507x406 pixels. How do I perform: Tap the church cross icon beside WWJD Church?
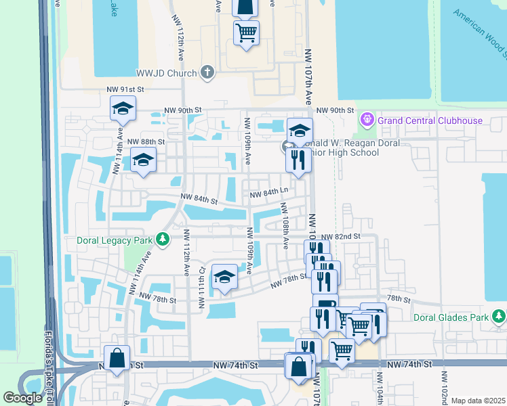tap(207, 72)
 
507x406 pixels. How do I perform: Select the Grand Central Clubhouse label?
tap(430, 121)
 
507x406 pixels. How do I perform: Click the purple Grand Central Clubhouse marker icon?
tap(368, 120)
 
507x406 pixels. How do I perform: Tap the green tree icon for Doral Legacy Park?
tap(162, 240)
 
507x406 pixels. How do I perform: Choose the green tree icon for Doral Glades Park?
tap(499, 316)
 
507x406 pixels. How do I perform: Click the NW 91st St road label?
tap(126, 89)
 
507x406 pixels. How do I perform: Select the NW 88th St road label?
tap(146, 141)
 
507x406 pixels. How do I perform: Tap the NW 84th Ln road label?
tap(269, 195)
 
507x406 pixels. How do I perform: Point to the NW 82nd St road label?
tap(340, 236)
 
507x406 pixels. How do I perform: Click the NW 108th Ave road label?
tap(285, 231)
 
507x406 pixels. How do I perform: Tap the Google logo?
tap(22, 398)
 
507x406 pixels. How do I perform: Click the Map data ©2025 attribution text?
tap(477, 401)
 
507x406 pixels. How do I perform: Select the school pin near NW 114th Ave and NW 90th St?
tap(123, 108)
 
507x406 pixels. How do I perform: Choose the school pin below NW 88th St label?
tap(144, 160)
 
